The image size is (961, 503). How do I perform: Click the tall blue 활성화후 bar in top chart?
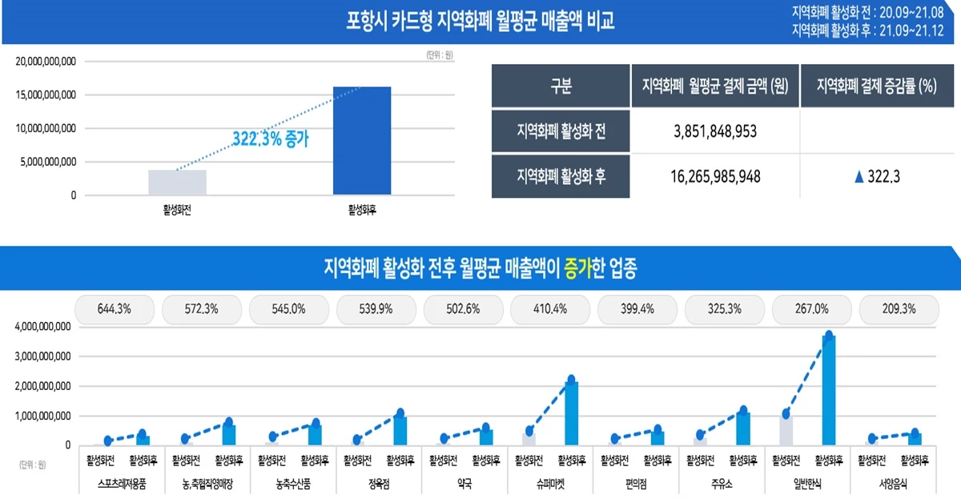point(361,141)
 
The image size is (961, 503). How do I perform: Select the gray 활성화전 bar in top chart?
point(177,183)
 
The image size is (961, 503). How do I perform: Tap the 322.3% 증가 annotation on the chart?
point(270,138)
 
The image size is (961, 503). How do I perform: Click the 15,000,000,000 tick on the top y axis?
point(46,95)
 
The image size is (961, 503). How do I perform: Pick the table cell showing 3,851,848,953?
point(715,131)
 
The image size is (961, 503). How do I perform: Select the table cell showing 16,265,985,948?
point(715,176)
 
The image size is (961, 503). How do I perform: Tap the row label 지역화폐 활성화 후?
point(561,176)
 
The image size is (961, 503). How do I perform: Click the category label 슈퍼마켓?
point(550,485)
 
